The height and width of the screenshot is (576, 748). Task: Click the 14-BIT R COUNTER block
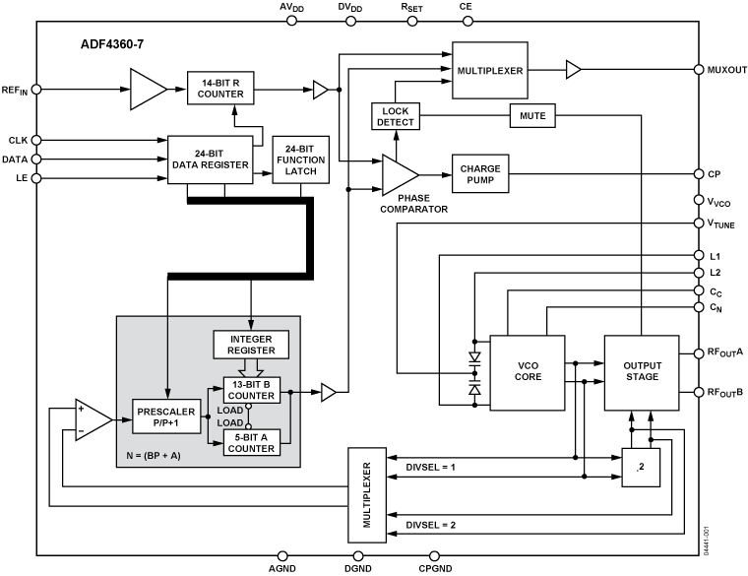coord(220,89)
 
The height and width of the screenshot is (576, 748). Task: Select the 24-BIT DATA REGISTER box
coord(210,160)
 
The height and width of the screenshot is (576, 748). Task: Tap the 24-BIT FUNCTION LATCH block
coord(301,160)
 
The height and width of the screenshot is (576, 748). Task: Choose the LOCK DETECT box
coord(396,116)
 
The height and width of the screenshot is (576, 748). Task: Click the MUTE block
coord(532,116)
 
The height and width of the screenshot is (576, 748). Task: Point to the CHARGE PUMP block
coord(480,174)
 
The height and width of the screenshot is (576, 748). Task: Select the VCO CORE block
coord(528,372)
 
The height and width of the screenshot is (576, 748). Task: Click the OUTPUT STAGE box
coord(642,372)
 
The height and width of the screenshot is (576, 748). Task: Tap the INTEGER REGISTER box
coord(251,345)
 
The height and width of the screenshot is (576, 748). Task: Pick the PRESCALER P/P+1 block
coord(164,416)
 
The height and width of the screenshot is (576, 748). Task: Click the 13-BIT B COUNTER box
coord(252,390)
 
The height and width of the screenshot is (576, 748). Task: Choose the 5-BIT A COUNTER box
coord(252,443)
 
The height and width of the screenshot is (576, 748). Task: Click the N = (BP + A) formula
coord(154,456)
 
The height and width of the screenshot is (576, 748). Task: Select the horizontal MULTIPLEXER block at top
coord(489,71)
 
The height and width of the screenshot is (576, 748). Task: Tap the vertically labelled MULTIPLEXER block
coord(367,494)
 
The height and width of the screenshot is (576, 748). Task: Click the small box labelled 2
coord(641,468)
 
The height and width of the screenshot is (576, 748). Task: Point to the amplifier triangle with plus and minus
coord(93,418)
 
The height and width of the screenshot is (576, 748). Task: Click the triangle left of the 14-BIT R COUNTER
coord(147,89)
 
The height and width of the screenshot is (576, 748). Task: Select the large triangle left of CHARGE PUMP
coord(399,175)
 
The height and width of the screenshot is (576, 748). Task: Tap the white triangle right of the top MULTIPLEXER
coord(573,70)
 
